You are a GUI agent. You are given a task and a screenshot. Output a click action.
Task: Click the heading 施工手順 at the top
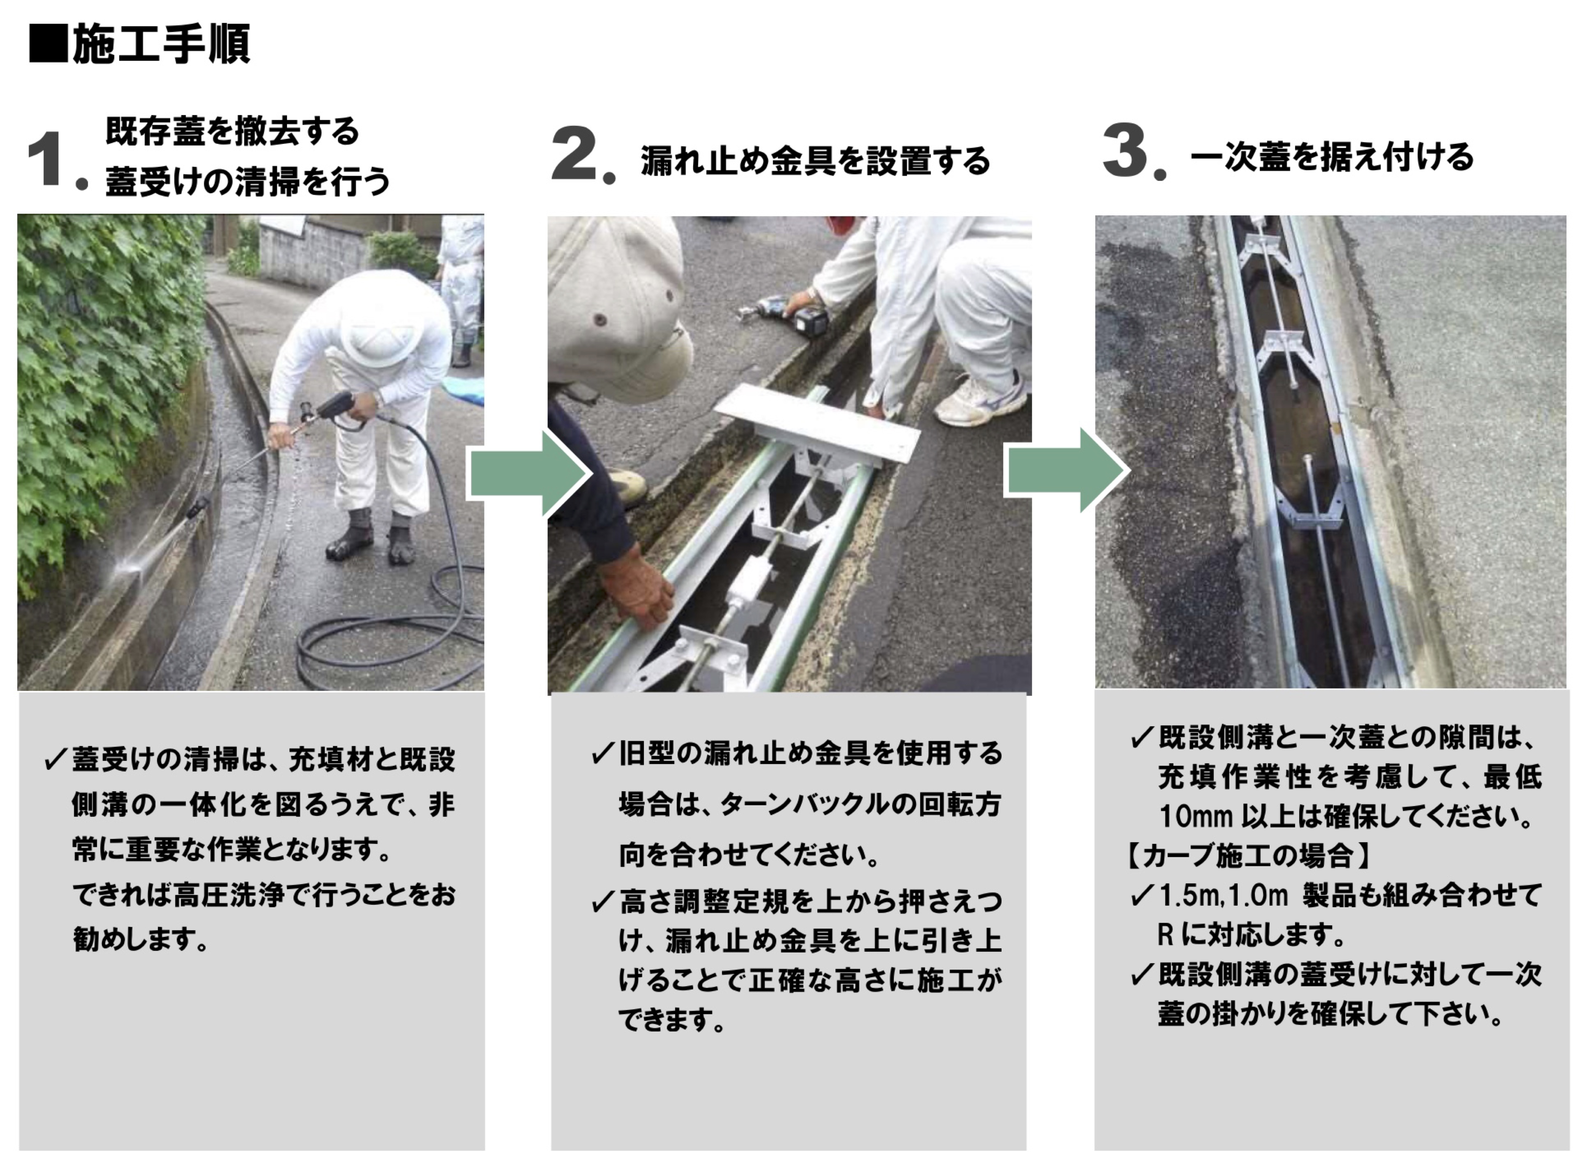(x=161, y=44)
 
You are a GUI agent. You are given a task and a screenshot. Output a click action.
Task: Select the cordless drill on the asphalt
(x=788, y=316)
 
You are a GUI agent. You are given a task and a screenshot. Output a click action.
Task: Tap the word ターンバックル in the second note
(x=801, y=805)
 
